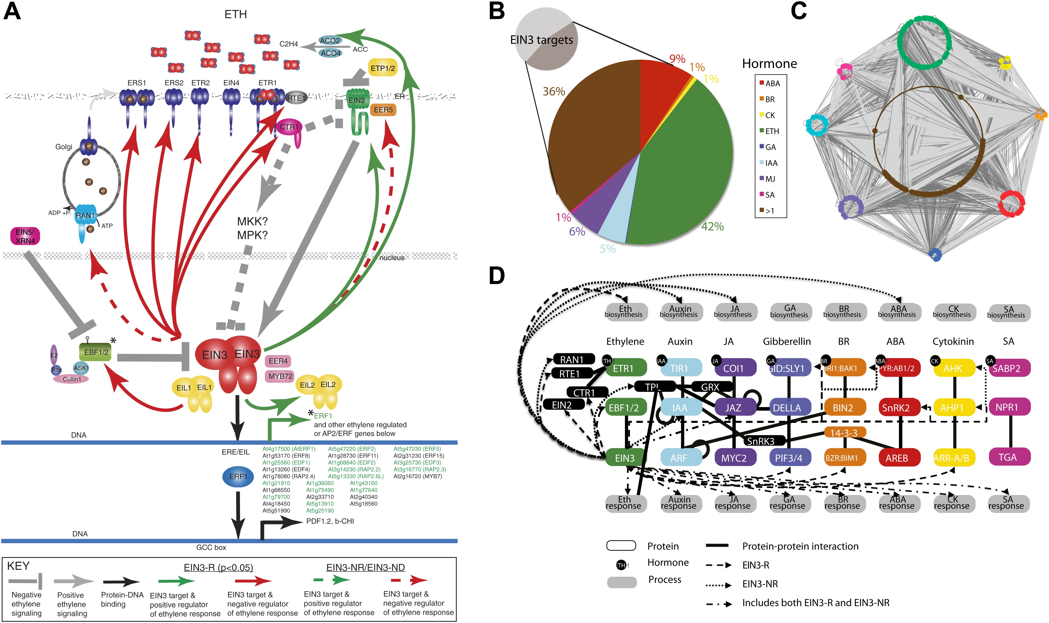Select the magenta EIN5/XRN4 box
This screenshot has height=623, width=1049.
(25, 236)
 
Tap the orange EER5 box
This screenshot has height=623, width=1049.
(383, 110)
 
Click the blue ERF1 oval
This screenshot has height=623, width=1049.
(238, 477)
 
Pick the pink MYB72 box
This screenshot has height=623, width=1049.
(280, 376)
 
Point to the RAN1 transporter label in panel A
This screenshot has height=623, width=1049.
(85, 215)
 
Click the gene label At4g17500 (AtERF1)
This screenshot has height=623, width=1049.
(289, 449)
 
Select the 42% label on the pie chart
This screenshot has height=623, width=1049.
(712, 227)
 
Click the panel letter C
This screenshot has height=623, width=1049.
(799, 11)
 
